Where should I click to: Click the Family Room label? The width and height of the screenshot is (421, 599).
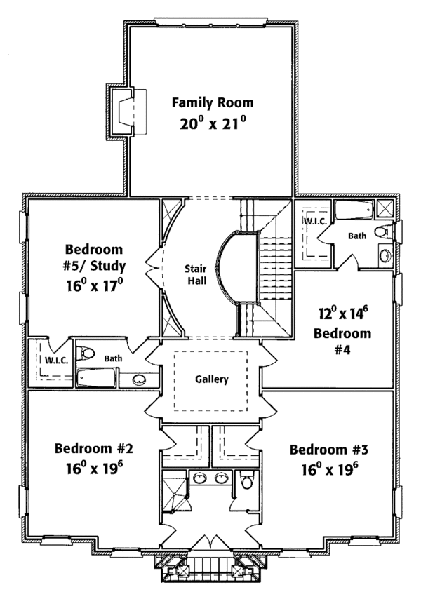[213, 103]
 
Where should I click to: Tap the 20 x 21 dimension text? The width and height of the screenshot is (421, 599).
[213, 123]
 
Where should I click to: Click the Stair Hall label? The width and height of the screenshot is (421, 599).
[196, 275]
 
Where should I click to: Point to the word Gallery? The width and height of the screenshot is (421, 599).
[212, 379]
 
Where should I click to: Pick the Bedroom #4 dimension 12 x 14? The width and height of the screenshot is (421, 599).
[342, 314]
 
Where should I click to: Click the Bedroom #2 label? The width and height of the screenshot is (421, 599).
[93, 448]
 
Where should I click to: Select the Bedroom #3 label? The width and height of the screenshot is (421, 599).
[328, 450]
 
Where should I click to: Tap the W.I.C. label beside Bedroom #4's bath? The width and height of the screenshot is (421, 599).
[315, 222]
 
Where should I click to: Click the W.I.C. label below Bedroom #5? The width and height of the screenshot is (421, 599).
[56, 361]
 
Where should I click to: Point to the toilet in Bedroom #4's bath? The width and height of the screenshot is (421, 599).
[384, 231]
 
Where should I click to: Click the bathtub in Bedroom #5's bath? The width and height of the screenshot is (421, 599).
[96, 378]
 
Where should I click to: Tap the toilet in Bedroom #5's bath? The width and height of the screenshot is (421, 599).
[85, 353]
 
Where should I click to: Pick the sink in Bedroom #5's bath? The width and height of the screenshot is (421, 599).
[139, 379]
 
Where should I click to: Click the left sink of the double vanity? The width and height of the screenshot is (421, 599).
[199, 478]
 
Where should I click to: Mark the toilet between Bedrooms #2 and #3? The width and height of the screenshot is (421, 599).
[247, 480]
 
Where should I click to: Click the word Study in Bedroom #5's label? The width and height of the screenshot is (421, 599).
[109, 267]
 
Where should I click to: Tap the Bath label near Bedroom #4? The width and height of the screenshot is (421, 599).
[357, 236]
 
